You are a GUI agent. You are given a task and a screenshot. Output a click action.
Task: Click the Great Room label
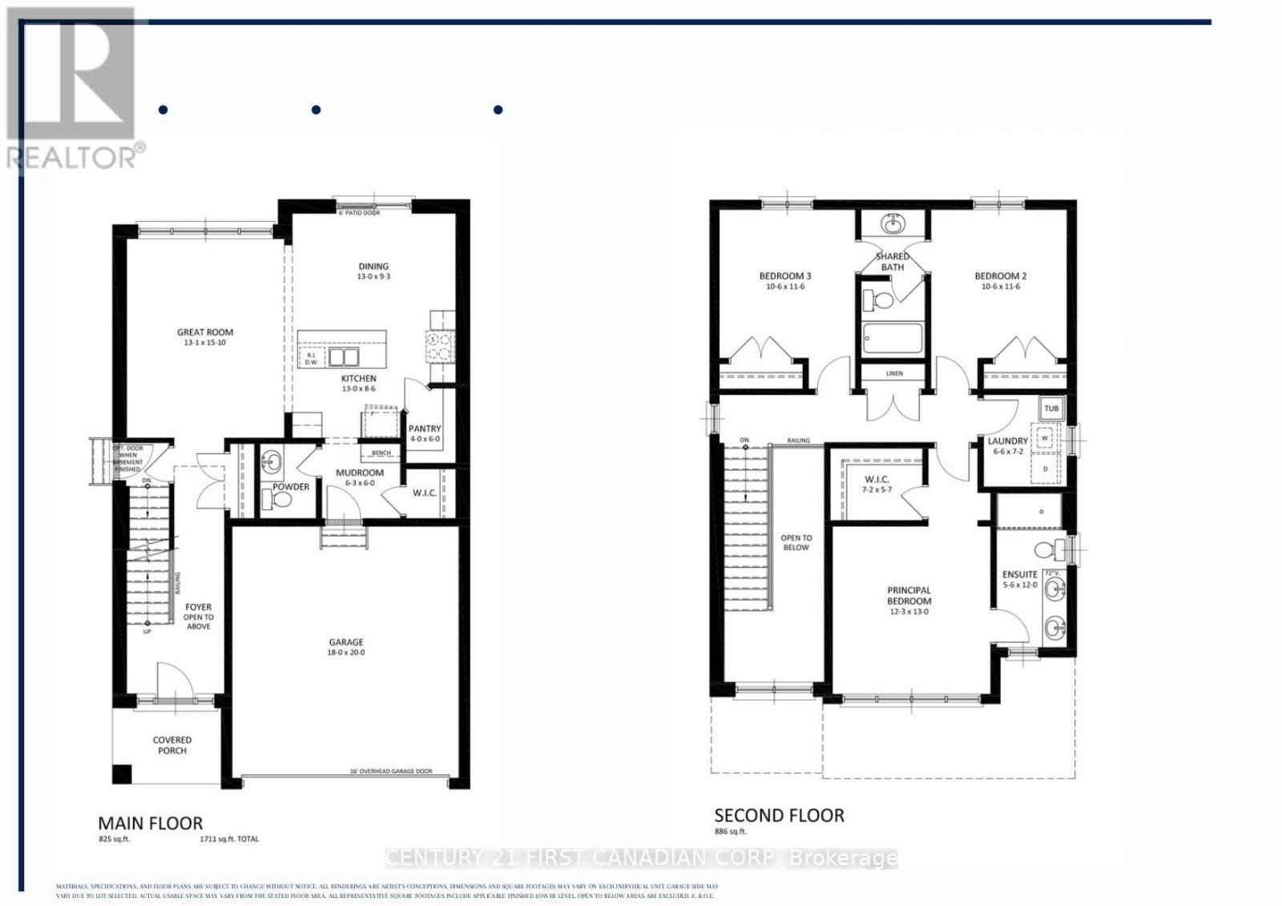point(205,332)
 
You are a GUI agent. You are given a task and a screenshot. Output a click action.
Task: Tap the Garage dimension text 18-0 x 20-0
point(346,653)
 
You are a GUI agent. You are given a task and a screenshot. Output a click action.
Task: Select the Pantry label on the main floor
point(425,429)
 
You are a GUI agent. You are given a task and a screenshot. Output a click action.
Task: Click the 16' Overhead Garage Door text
point(391,771)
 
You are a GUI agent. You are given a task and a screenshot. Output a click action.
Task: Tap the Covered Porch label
point(172,745)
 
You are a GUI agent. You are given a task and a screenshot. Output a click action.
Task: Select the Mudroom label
point(360,473)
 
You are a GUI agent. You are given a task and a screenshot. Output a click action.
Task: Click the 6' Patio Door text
point(359,213)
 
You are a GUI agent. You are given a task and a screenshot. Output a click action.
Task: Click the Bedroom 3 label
point(785,276)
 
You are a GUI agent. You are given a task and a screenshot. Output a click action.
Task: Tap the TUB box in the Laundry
point(1051,409)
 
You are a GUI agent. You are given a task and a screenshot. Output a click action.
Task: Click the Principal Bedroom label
point(909,595)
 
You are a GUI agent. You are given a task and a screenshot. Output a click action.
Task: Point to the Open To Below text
point(796,542)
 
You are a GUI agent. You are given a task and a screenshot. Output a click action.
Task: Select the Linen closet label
point(894,373)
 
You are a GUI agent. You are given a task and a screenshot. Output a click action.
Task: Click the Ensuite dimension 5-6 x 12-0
point(1020,585)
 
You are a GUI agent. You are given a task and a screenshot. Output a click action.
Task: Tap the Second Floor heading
point(779,815)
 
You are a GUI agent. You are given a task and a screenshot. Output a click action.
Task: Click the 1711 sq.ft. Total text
point(229,840)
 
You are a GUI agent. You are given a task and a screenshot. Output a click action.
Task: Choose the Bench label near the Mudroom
point(381,453)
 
